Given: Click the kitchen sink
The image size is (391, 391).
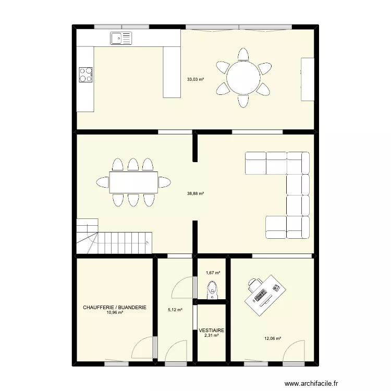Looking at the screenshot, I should pyautogui.click(x=121, y=37).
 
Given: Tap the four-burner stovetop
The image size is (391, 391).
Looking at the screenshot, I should pyautogui.click(x=85, y=75).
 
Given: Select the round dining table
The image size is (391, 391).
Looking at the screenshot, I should pyautogui.click(x=244, y=78).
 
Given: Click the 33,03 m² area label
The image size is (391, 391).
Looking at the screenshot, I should pyautogui.click(x=195, y=80).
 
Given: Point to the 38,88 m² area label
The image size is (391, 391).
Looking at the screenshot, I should pyautogui.click(x=195, y=193).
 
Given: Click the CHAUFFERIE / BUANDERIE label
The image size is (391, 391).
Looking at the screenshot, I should pyautogui.click(x=115, y=308).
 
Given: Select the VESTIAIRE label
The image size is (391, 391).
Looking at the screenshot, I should pyautogui.click(x=211, y=331).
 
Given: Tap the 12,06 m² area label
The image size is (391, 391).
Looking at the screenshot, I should pyautogui.click(x=273, y=338).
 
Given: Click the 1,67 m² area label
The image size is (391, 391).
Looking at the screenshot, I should pyautogui.click(x=213, y=273).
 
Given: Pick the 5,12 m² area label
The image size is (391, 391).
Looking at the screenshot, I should pyautogui.click(x=175, y=310).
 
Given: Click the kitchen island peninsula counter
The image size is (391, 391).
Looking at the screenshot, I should pyautogui.click(x=172, y=71).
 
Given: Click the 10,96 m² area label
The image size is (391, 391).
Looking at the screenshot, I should pyautogui.click(x=115, y=313).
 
